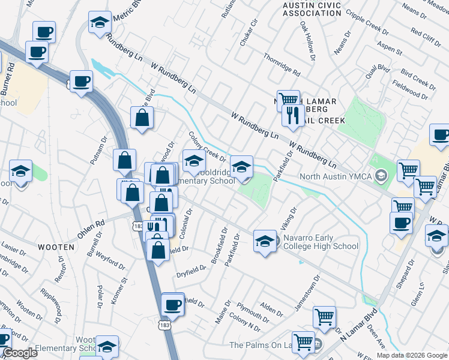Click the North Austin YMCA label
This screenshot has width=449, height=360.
336,176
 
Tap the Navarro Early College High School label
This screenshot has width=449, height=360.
321,241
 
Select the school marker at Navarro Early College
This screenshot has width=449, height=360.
265,241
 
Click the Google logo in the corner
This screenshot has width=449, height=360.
20,353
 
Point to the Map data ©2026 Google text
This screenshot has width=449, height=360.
412,355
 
